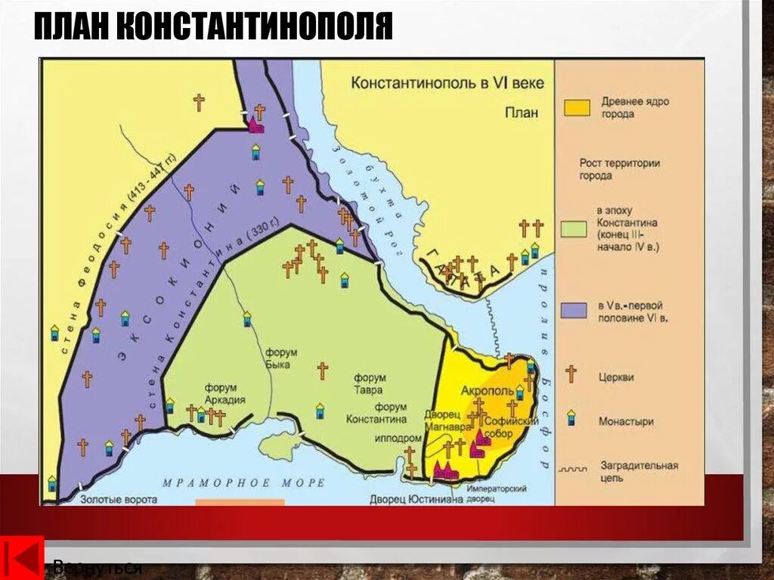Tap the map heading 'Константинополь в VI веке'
447,83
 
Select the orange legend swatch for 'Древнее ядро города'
576,107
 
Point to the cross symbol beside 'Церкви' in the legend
571,374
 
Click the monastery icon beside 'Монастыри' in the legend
571,418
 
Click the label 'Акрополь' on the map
492,391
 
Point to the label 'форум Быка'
281,358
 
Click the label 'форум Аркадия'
225,395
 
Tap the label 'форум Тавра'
370,383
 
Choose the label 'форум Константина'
376,413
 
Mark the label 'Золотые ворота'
108,500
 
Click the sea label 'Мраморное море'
243,482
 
